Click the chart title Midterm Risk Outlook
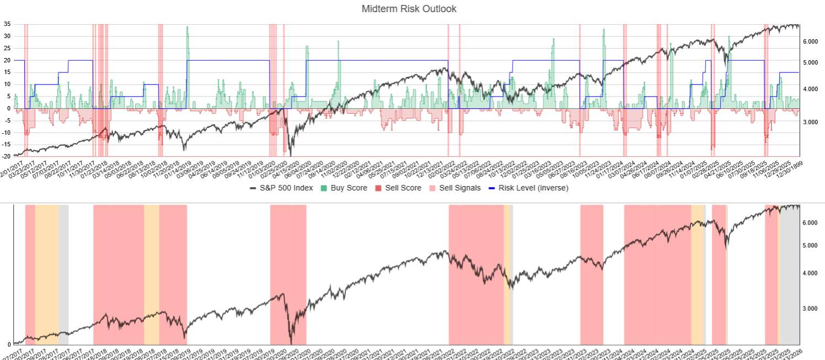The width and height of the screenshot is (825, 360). pyautogui.click(x=409, y=9)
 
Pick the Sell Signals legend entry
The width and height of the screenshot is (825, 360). pyautogui.click(x=456, y=188)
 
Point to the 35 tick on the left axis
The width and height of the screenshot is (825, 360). pyautogui.click(x=7, y=24)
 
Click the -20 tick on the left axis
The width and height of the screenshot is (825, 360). pyautogui.click(x=6, y=157)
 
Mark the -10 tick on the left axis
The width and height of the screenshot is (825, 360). pyautogui.click(x=6, y=133)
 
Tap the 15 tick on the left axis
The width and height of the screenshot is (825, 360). pyautogui.click(x=7, y=72)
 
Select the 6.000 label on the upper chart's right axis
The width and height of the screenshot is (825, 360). pyautogui.click(x=810, y=41)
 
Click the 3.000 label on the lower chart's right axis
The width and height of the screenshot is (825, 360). pyautogui.click(x=810, y=308)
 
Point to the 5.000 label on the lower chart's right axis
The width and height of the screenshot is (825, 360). pyautogui.click(x=810, y=245)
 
